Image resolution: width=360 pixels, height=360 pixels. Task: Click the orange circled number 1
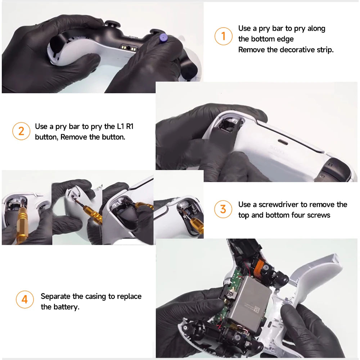223,36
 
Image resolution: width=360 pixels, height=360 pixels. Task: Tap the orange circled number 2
21,131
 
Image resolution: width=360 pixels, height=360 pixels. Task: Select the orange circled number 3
223,209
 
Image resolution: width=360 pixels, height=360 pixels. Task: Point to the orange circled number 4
24,300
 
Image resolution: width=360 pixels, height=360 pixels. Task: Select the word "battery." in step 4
65,307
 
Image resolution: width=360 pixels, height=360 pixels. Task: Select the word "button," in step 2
46,137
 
